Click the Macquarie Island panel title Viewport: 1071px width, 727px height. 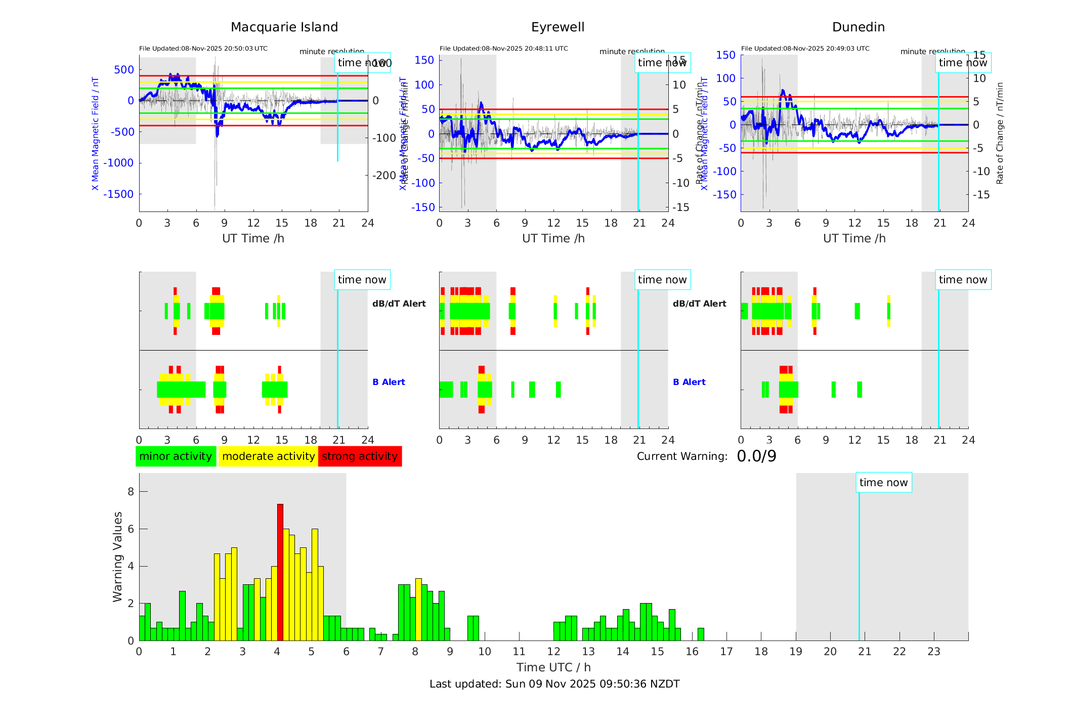pyautogui.click(x=284, y=27)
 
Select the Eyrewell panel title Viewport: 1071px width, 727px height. pyautogui.click(x=558, y=27)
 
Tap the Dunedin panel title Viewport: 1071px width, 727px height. pyautogui.click(x=858, y=27)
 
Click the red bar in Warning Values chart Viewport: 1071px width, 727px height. pyautogui.click(x=280, y=572)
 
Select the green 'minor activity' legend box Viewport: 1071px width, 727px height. pyautogui.click(x=176, y=456)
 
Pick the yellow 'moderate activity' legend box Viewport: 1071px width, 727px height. pyautogui.click(x=268, y=456)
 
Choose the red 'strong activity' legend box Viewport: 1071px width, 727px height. pyautogui.click(x=360, y=456)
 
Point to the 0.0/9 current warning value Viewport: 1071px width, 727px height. pyautogui.click(x=756, y=456)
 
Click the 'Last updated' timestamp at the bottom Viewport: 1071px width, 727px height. pyautogui.click(x=554, y=684)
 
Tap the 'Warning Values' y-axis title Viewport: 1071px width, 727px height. pyautogui.click(x=117, y=557)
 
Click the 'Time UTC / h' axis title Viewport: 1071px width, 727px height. pyautogui.click(x=553, y=667)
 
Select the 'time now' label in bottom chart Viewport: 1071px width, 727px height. pyautogui.click(x=883, y=483)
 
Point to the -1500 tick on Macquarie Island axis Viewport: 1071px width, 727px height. pyautogui.click(x=119, y=194)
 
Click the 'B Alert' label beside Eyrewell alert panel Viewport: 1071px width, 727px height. pyautogui.click(x=689, y=382)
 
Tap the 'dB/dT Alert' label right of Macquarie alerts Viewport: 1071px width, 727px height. pyautogui.click(x=399, y=304)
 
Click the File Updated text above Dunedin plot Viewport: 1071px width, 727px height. pyautogui.click(x=805, y=49)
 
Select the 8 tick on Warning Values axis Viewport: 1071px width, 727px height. pyautogui.click(x=131, y=492)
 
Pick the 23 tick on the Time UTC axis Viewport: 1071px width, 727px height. pyautogui.click(x=933, y=652)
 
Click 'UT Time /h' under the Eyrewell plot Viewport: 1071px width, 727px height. pyautogui.click(x=553, y=238)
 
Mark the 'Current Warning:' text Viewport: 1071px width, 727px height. pyautogui.click(x=682, y=456)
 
